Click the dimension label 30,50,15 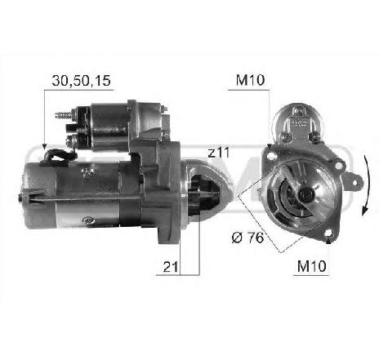coord(82,81)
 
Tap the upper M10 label coord(250,80)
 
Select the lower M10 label coord(311,266)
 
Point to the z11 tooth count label coord(219,153)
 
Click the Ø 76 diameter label coord(247,238)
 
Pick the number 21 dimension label coord(170,267)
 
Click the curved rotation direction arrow coord(366,187)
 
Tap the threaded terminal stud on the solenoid coord(63,115)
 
